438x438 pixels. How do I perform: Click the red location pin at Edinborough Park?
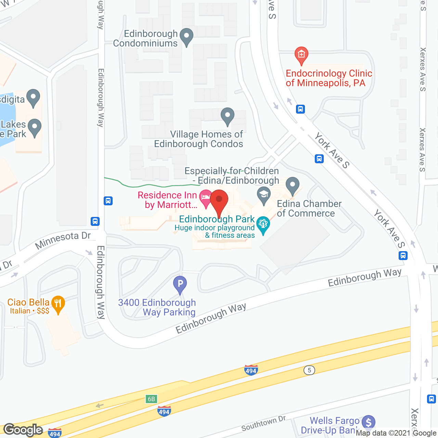(x=219, y=200)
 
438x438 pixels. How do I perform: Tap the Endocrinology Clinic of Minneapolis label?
(x=328, y=78)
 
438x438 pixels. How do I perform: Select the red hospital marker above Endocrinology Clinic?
(x=301, y=55)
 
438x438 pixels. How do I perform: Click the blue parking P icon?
(x=180, y=284)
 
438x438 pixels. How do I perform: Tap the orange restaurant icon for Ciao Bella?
(x=58, y=303)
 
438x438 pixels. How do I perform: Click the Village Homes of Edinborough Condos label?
(x=199, y=139)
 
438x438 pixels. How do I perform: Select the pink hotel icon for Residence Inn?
(x=206, y=198)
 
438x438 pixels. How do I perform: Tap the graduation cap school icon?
(x=263, y=195)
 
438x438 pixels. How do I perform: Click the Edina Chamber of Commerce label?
(x=309, y=208)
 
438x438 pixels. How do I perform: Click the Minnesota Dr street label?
(x=63, y=240)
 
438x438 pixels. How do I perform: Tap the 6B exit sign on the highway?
(x=151, y=399)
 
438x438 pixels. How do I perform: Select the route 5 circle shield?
(x=309, y=370)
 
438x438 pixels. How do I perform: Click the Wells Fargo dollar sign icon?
(x=368, y=422)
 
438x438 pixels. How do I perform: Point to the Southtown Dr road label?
(x=263, y=424)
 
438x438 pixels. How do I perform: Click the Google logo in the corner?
(x=23, y=430)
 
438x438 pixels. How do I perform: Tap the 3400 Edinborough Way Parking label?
(x=157, y=307)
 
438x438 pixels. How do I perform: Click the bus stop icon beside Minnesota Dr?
(x=95, y=221)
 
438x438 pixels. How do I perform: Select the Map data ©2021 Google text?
(x=396, y=433)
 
